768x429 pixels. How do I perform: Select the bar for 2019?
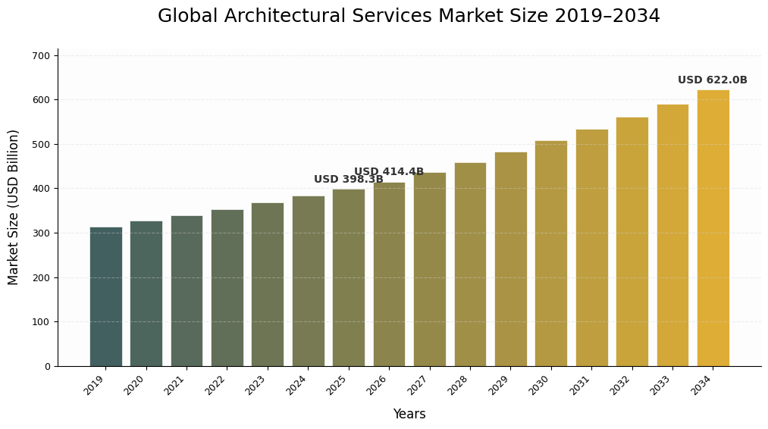tap(105, 296)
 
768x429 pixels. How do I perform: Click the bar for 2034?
tap(713, 228)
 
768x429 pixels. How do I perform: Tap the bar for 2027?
tap(430, 269)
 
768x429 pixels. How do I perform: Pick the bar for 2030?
tap(551, 253)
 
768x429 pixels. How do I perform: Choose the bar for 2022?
tap(227, 288)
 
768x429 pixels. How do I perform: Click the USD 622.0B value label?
tap(712, 80)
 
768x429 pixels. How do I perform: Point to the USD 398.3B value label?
tap(348, 180)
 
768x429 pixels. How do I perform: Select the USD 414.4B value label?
tap(388, 172)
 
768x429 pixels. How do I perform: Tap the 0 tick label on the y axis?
tap(47, 367)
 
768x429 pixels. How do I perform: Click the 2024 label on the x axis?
tap(296, 385)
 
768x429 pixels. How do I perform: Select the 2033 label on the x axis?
tap(661, 385)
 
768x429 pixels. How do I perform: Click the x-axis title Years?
tap(409, 415)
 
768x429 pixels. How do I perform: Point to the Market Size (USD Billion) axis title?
tap(14, 207)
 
